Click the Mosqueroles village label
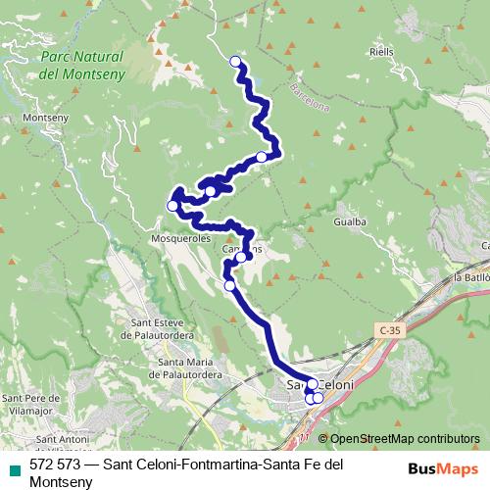(x=182, y=237)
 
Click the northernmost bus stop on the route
(x=235, y=62)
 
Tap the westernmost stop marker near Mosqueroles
(x=172, y=206)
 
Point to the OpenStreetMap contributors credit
(x=404, y=438)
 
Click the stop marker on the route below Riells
(x=263, y=157)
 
